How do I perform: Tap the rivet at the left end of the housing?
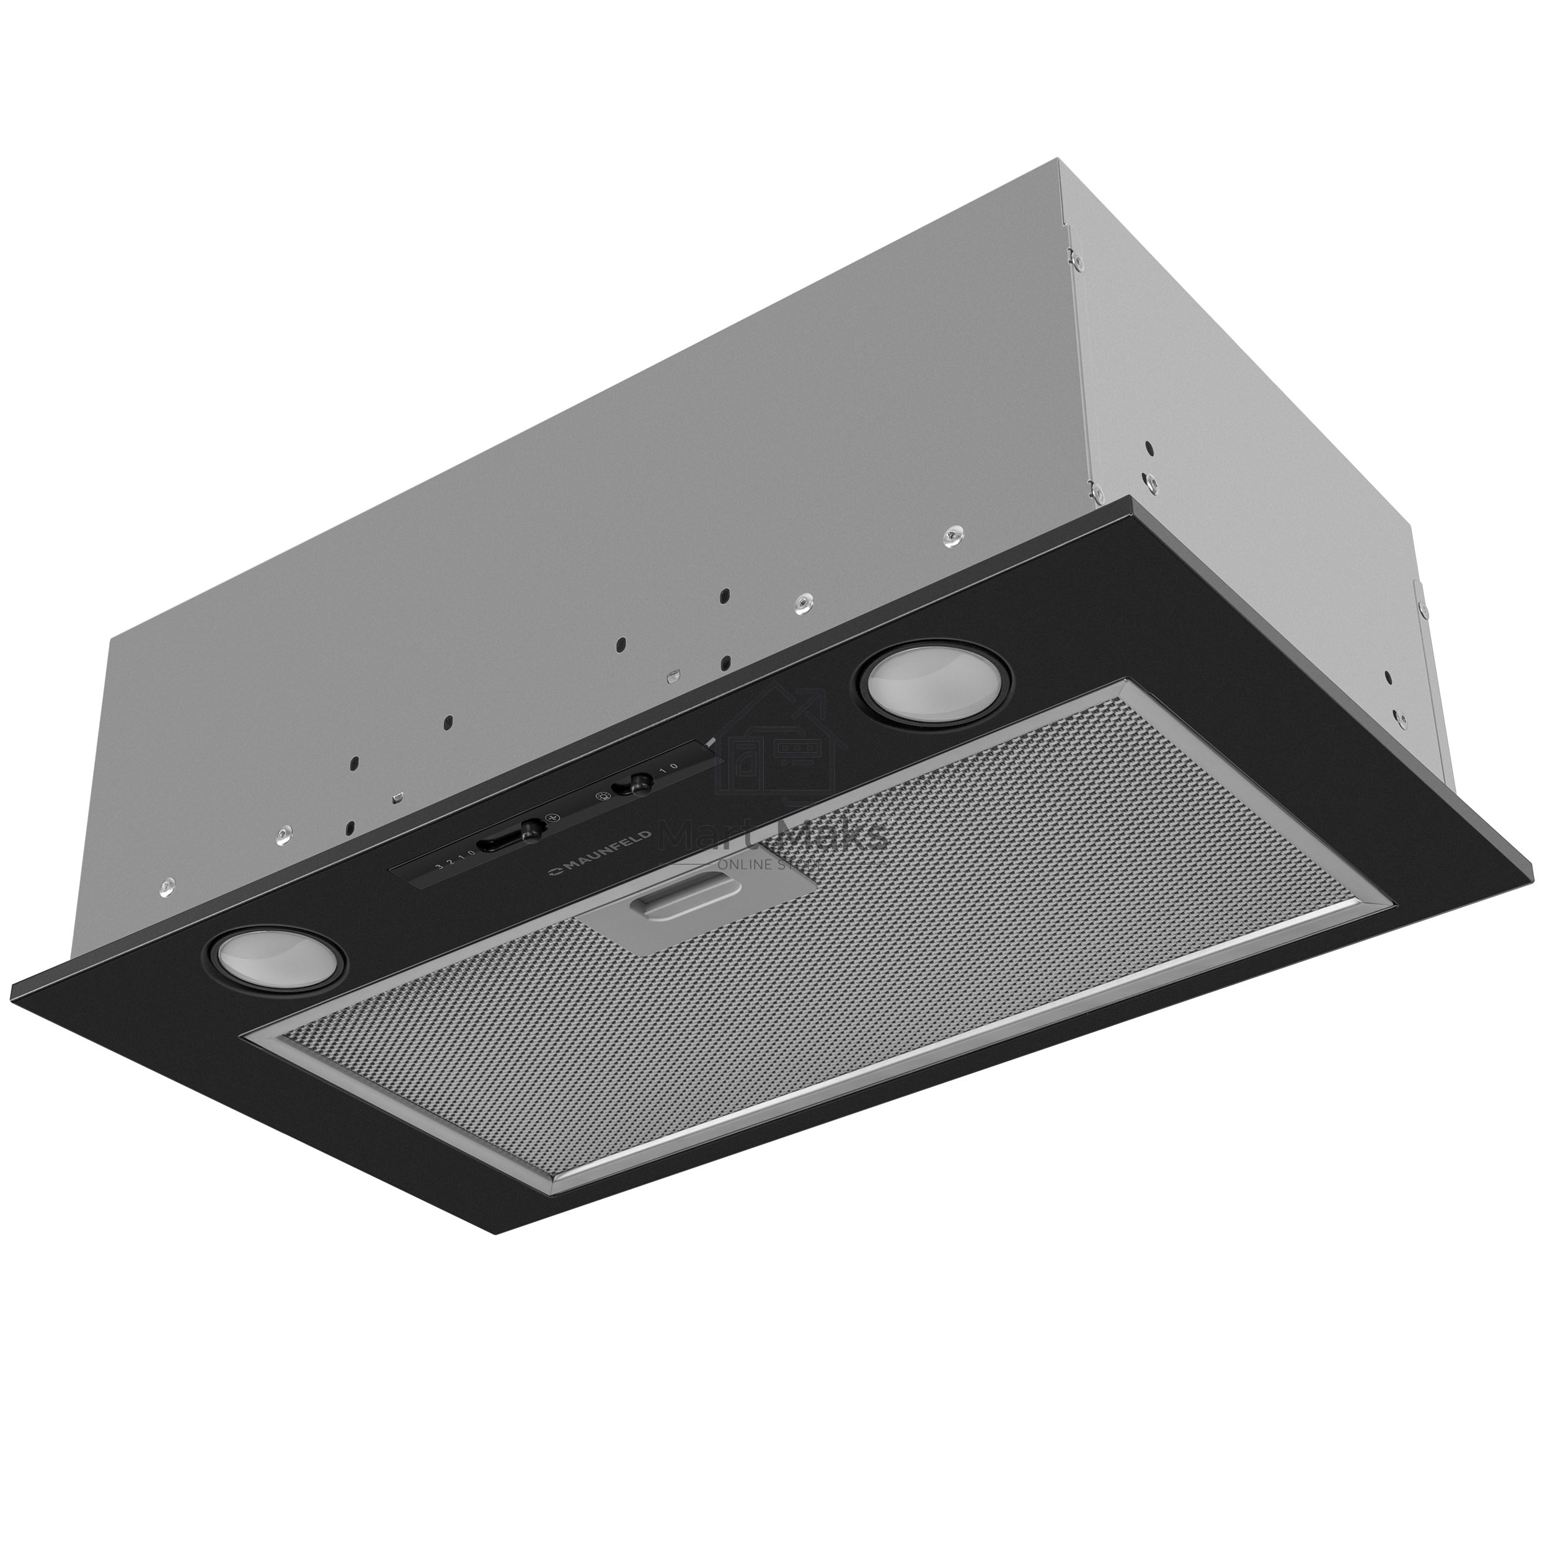point(166,885)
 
